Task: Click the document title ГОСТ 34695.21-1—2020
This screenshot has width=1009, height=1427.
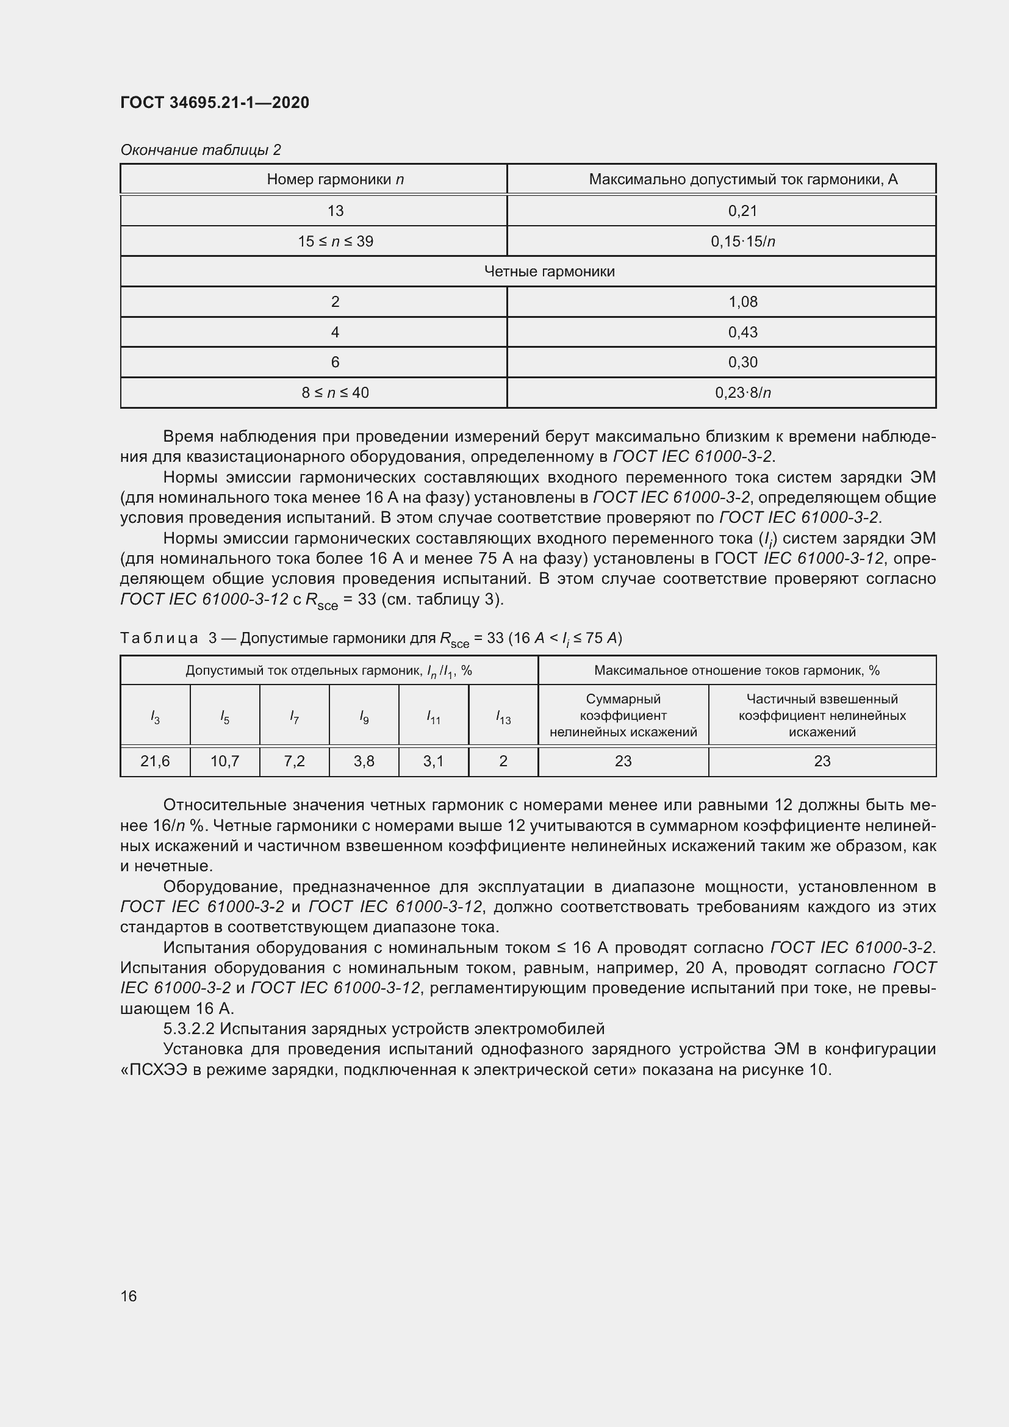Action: click(214, 102)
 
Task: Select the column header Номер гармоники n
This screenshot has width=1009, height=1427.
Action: click(335, 179)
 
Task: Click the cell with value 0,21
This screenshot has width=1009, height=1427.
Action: click(742, 210)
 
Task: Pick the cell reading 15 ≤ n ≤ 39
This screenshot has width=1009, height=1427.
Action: click(335, 241)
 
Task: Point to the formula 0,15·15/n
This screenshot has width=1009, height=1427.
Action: click(742, 241)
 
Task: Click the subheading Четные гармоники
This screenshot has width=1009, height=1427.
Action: click(548, 271)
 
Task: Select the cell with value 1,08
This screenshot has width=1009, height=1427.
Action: click(742, 302)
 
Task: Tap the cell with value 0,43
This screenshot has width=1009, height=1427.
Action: click(742, 332)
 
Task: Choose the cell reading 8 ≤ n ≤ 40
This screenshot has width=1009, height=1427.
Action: click(335, 393)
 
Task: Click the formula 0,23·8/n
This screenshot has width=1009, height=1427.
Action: click(742, 393)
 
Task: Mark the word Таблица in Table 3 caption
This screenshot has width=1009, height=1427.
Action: click(159, 638)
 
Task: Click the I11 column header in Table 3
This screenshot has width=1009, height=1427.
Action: click(433, 718)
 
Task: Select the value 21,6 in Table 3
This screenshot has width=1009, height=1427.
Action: click(155, 761)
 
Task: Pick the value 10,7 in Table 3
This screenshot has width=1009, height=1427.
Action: click(224, 761)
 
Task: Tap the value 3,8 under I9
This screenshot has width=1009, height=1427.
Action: click(364, 761)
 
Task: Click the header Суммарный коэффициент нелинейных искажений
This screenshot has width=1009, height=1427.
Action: click(623, 716)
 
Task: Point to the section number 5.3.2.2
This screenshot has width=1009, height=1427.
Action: click(189, 1029)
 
